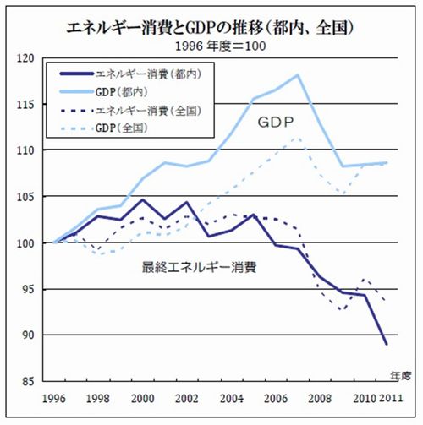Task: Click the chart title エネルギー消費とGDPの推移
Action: click(211, 27)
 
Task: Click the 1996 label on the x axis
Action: click(54, 397)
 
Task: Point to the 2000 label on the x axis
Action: click(144, 397)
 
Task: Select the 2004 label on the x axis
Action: click(231, 397)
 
